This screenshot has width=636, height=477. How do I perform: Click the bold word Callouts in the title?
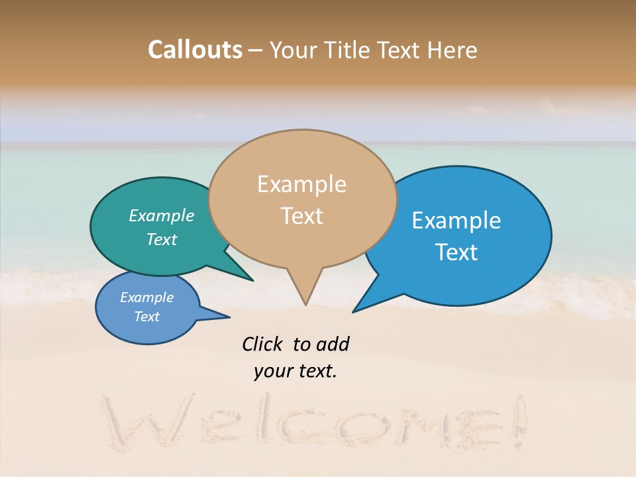pos(195,50)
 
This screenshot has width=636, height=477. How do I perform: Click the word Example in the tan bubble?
pos(301,184)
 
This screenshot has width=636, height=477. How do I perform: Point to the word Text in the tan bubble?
pos(301,216)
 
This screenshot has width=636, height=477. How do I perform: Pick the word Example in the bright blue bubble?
pos(456,221)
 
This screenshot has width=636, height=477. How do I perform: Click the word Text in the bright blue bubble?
pos(456,252)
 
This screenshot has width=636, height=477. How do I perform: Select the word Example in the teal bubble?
pos(162,216)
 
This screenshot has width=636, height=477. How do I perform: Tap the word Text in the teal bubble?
pos(162,239)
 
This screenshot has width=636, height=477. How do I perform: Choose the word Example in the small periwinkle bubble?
pos(147,297)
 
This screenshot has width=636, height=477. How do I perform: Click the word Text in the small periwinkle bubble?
pos(147,317)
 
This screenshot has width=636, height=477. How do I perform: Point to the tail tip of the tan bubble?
pos(305,304)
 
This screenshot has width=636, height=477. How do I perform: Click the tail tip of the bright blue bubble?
pos(354,311)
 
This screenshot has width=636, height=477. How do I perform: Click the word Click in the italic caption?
pos(263,344)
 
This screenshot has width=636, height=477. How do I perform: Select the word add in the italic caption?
pos(333,344)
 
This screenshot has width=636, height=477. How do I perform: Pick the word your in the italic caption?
pos(272,371)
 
